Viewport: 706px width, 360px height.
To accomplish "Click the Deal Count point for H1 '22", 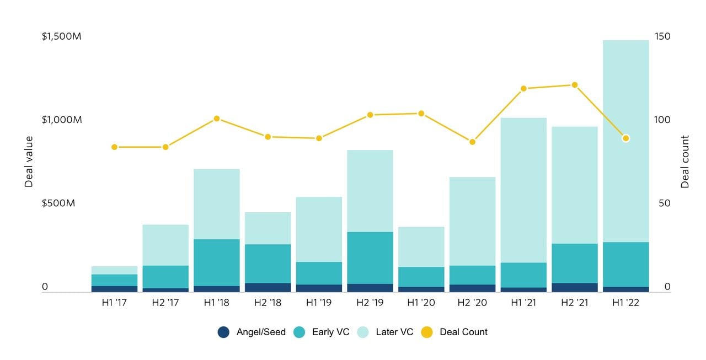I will pyautogui.click(x=625, y=138).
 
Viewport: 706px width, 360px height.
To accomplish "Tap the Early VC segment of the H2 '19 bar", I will pyautogui.click(x=370, y=257).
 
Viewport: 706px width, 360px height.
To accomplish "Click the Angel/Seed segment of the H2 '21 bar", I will pyautogui.click(x=575, y=287).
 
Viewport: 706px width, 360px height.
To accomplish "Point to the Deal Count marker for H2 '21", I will pyautogui.click(x=575, y=85).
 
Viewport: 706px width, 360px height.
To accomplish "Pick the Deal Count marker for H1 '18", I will pyautogui.click(x=217, y=119).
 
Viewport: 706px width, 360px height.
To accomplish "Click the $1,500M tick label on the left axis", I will pyautogui.click(x=62, y=36).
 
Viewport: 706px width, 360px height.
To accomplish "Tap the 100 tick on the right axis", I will pyautogui.click(x=662, y=120).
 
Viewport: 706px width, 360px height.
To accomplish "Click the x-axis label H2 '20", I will pyautogui.click(x=472, y=303).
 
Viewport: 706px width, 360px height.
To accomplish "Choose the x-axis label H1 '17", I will pyautogui.click(x=115, y=303).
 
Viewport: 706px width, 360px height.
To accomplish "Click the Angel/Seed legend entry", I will pyautogui.click(x=252, y=332).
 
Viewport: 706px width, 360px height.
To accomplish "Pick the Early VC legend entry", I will pyautogui.click(x=323, y=332).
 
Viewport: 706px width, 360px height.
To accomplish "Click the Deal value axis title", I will pyautogui.click(x=29, y=162).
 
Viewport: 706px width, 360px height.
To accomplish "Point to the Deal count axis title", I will pyautogui.click(x=685, y=162).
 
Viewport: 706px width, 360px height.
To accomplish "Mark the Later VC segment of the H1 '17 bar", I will pyautogui.click(x=115, y=270).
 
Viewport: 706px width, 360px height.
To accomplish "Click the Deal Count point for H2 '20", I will pyautogui.click(x=472, y=142).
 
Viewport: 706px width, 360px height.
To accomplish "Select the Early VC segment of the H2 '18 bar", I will pyautogui.click(x=268, y=264).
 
